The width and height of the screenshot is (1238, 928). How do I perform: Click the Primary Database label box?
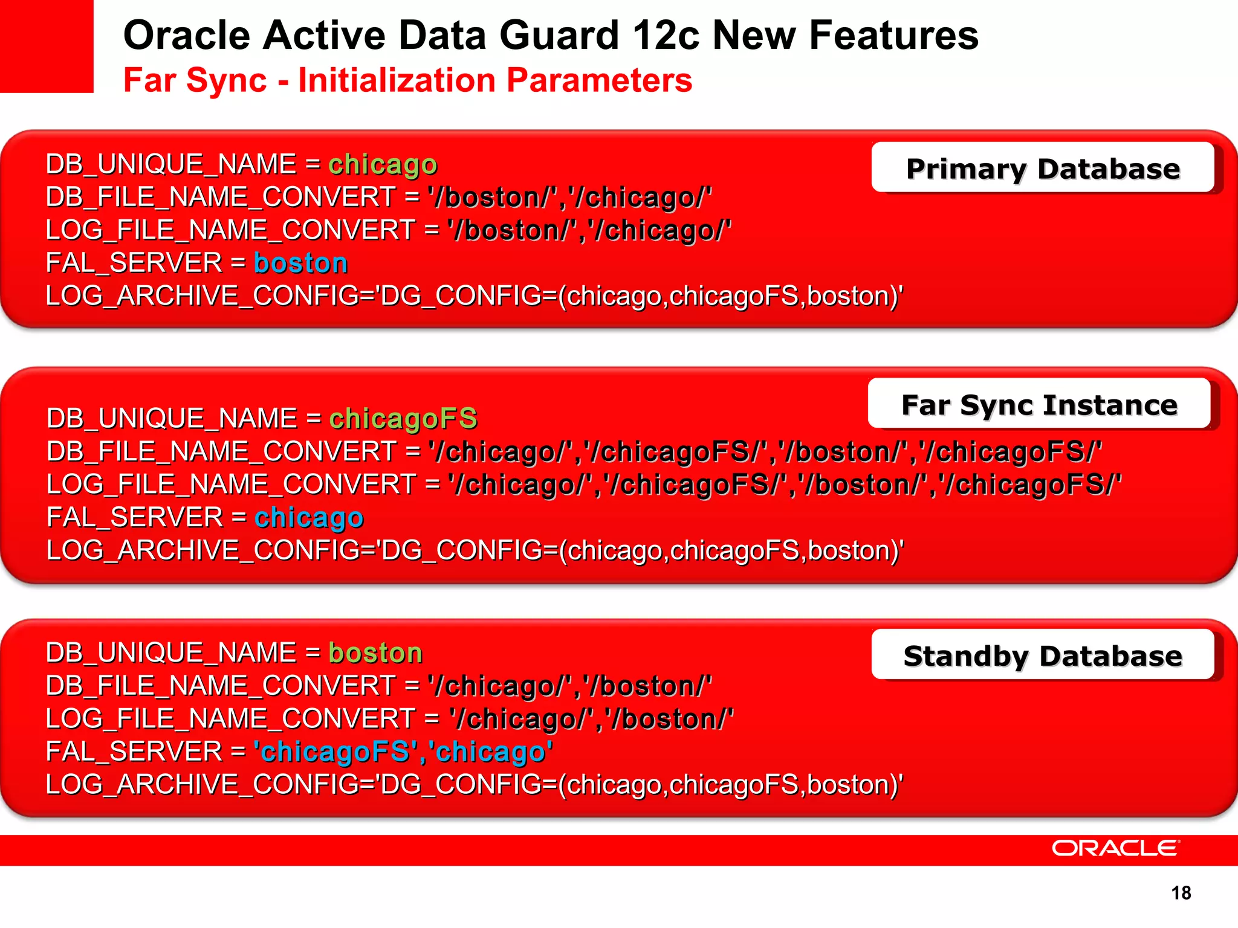click(x=1043, y=168)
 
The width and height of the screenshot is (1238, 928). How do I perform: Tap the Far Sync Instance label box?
click(x=1039, y=404)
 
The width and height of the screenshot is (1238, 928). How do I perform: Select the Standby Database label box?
click(x=1043, y=656)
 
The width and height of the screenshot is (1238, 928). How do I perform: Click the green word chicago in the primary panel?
click(x=383, y=164)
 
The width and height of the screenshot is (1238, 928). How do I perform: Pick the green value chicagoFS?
click(x=403, y=419)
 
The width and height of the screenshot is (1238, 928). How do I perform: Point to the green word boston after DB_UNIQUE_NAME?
click(x=375, y=652)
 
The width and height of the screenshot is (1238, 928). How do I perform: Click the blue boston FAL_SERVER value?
click(x=300, y=263)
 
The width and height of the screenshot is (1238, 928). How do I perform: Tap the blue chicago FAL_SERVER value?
click(x=309, y=518)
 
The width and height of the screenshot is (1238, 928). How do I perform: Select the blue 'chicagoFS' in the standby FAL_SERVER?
click(x=335, y=752)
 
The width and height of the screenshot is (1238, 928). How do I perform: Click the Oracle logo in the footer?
click(x=1115, y=848)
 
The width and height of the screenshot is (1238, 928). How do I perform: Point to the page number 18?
click(x=1181, y=893)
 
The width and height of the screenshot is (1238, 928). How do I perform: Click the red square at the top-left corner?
click(x=47, y=46)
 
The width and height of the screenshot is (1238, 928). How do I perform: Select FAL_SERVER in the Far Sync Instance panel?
click(x=135, y=518)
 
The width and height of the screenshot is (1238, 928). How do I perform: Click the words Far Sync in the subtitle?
click(x=195, y=80)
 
